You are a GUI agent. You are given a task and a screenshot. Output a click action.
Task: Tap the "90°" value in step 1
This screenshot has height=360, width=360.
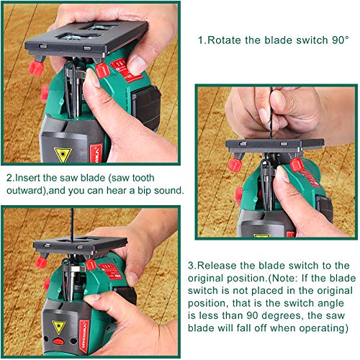click(339, 40)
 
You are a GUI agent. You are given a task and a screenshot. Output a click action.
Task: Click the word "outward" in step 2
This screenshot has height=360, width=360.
click(28, 191)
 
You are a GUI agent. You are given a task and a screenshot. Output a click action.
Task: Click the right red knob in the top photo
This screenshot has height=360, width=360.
click(102, 70)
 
